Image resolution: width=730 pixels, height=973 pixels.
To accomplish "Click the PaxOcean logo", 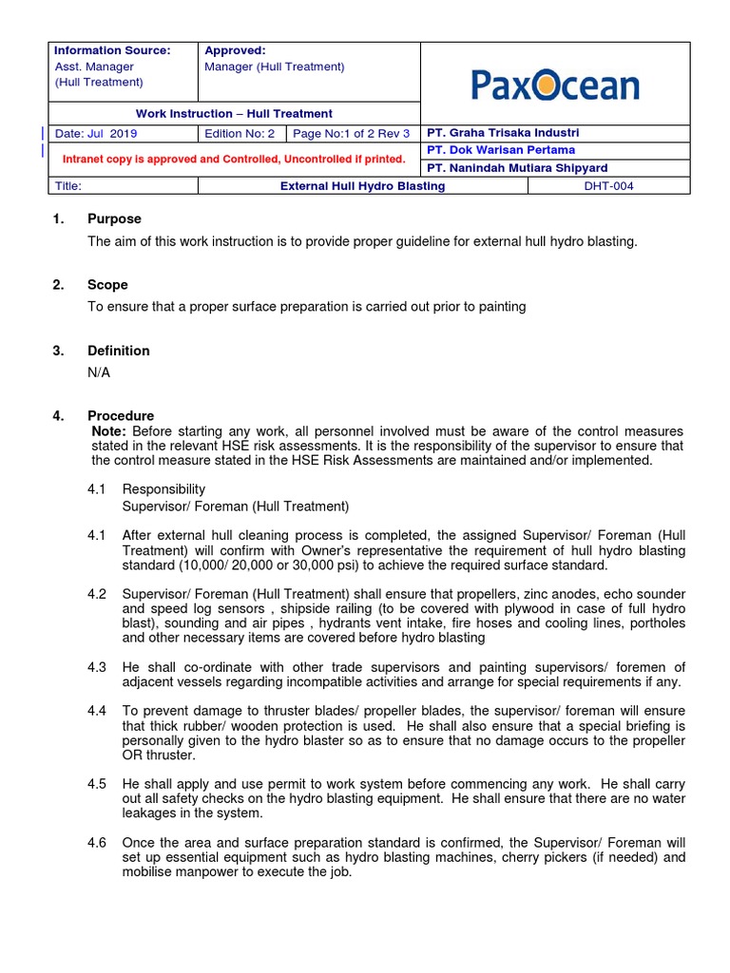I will pyautogui.click(x=555, y=86).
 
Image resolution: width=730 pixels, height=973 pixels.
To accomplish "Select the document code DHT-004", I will pyautogui.click(x=608, y=186).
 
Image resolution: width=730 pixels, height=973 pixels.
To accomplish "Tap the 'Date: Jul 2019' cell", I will pyautogui.click(x=97, y=134).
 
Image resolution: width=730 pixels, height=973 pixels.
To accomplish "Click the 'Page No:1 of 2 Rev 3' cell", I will pyautogui.click(x=352, y=134).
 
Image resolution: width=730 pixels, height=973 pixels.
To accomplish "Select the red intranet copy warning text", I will pyautogui.click(x=234, y=159).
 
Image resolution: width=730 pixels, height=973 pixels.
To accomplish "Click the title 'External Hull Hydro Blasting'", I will pyautogui.click(x=362, y=186).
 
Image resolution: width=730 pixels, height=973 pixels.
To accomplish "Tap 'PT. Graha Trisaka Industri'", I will pyautogui.click(x=503, y=133).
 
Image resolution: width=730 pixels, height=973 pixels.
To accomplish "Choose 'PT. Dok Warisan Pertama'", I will pyautogui.click(x=501, y=150).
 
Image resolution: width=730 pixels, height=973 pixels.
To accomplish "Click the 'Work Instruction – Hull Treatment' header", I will pyautogui.click(x=234, y=114).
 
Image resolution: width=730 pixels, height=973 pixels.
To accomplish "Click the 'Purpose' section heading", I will pyautogui.click(x=114, y=219).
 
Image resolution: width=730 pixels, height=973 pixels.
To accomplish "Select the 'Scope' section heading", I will pyautogui.click(x=107, y=285).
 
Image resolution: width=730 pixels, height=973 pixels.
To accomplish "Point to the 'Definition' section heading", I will pyautogui.click(x=118, y=351).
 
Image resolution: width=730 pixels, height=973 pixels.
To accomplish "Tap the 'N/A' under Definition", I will pyautogui.click(x=99, y=372).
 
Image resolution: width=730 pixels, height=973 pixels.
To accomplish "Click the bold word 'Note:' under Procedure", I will pyautogui.click(x=107, y=431).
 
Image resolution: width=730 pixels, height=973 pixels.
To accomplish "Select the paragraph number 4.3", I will pyautogui.click(x=97, y=668).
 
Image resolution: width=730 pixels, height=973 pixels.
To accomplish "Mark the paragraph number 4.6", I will pyautogui.click(x=97, y=844).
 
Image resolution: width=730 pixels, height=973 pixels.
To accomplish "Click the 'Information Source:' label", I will pyautogui.click(x=112, y=50).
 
